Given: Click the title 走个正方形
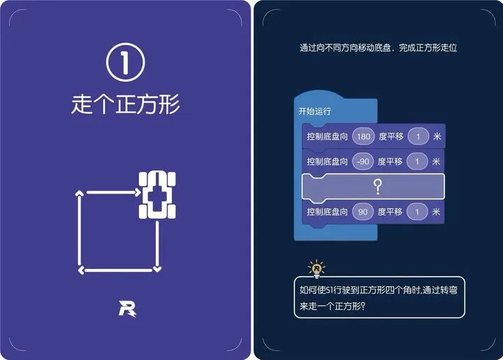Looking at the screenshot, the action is (126, 104).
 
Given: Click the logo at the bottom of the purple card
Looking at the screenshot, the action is (126, 308).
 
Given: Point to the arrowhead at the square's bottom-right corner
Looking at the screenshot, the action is (158, 268).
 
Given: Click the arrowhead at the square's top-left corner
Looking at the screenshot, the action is (80, 192).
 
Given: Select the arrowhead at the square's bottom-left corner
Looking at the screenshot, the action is (80, 269).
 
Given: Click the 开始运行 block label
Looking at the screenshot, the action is (314, 111).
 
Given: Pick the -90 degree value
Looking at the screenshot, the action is (363, 161).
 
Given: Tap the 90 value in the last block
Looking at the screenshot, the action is (363, 211).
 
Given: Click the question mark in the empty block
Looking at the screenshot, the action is (378, 186).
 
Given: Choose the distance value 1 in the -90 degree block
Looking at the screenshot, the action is (417, 161).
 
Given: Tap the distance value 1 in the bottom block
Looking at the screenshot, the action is (417, 211).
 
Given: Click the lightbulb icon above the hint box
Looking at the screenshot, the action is (317, 268).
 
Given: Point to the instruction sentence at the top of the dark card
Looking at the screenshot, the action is (378, 48).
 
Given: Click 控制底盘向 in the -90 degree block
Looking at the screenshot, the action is (327, 161).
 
